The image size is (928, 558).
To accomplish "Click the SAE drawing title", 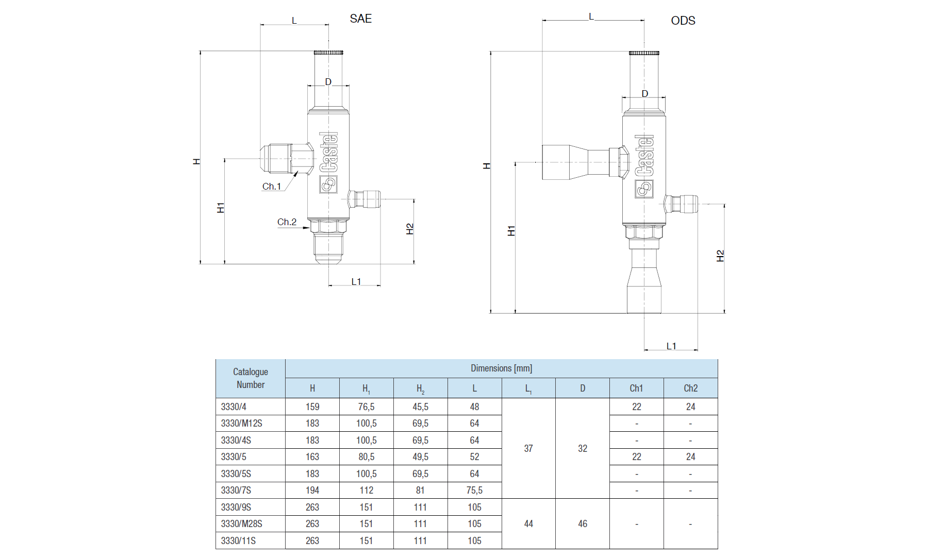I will click(360, 19).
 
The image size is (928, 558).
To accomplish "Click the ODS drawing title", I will click(683, 21).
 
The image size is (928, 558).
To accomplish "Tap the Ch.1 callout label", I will click(272, 187).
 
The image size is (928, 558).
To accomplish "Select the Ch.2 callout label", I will click(287, 222).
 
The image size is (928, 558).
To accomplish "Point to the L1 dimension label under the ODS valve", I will click(671, 346).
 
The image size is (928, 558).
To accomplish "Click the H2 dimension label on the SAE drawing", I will click(410, 229).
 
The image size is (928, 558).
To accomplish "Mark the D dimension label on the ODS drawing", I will click(644, 94).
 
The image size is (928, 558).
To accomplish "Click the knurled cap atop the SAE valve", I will click(328, 52).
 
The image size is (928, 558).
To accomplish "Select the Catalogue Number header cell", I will click(251, 378).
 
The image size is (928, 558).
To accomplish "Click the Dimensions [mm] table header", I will click(501, 368).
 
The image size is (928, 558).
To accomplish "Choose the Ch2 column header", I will click(690, 388).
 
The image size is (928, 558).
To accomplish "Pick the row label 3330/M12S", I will click(241, 424).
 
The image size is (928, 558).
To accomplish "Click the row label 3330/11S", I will click(238, 540).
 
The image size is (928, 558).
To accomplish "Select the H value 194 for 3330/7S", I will click(312, 491).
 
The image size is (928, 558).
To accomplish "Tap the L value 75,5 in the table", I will click(474, 491).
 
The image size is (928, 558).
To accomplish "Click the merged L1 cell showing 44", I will click(528, 524).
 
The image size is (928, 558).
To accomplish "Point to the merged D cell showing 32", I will click(583, 449).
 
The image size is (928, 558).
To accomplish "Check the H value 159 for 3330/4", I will click(312, 407).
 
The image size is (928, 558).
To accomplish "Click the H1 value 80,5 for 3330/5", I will click(366, 457).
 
